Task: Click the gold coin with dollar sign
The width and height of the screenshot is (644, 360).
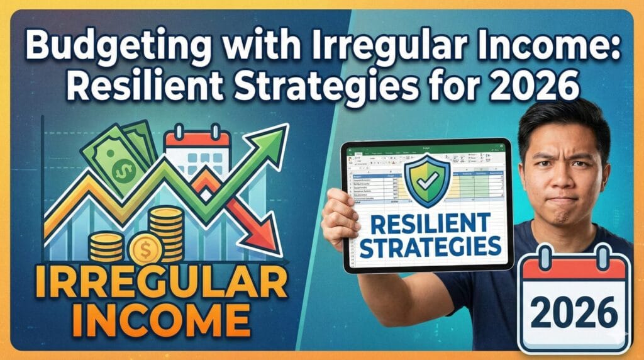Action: click(x=145, y=249)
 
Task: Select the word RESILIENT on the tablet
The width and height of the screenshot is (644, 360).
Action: click(x=428, y=222)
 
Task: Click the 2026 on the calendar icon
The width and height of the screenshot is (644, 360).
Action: click(x=573, y=313)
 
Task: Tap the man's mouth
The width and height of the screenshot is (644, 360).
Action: click(x=562, y=203)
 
